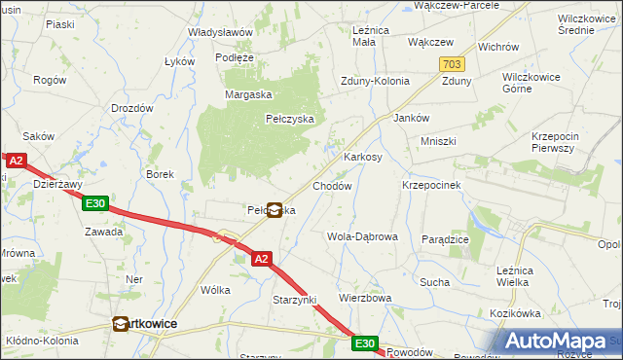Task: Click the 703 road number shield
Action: (451, 64)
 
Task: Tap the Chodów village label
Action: (331, 185)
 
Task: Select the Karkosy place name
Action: (362, 156)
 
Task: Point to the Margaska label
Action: (247, 94)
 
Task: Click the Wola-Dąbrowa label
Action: (362, 236)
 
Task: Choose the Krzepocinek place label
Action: (431, 184)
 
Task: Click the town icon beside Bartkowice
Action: (121, 325)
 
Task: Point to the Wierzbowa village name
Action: (364, 298)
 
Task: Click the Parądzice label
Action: (446, 238)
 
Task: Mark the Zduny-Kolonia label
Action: (374, 82)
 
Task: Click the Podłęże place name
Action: (235, 57)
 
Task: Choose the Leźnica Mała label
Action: (370, 36)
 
